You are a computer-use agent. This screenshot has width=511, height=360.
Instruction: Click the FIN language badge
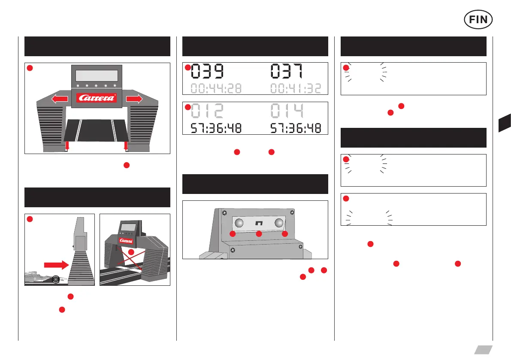point(478,19)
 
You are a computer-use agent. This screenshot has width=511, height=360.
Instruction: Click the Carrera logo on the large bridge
point(97,98)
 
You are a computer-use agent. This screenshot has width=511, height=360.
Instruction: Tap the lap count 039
point(208,71)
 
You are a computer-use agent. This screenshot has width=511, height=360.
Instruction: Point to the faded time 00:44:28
point(216,89)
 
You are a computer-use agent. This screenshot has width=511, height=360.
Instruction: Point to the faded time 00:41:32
point(296,89)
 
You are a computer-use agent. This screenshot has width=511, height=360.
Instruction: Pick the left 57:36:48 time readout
point(216,128)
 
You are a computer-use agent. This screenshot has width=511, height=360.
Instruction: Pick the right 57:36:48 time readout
point(296,128)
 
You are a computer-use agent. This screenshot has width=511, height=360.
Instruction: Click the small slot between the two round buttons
point(259,224)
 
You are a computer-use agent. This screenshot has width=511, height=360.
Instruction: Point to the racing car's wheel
point(55,279)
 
